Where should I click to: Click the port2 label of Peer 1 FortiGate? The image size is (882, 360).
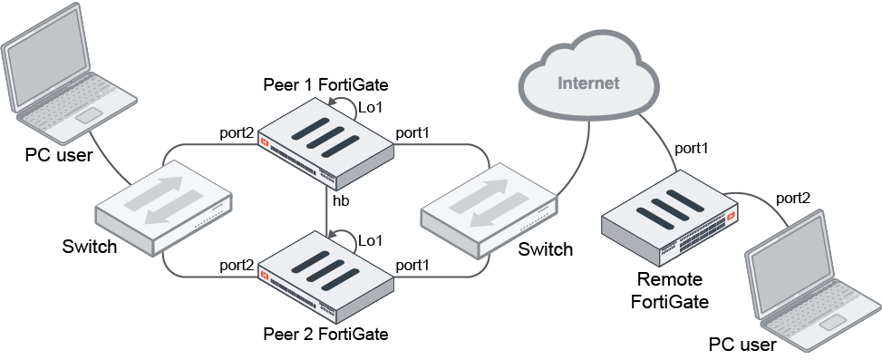tap(237, 133)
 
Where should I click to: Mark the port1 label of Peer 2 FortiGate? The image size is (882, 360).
tap(412, 265)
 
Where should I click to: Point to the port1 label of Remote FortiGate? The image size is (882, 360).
tap(692, 148)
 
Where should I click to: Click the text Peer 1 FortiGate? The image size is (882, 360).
tap(325, 85)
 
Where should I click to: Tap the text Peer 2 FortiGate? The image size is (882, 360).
tap(325, 335)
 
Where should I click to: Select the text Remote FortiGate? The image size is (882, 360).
tap(669, 290)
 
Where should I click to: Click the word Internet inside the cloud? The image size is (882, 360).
tap(588, 83)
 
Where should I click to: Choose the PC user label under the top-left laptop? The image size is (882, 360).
tap(58, 156)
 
